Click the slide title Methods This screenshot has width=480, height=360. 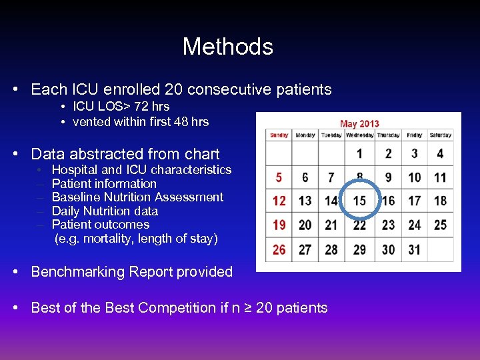pos(227,47)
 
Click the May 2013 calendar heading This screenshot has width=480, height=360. pos(359,123)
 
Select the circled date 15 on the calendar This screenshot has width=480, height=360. pos(360,201)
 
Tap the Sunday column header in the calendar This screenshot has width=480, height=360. pos(279,135)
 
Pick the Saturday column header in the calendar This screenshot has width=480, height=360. pos(440,135)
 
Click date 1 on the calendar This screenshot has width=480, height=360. pos(360,154)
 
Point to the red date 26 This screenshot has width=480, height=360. pos(279,249)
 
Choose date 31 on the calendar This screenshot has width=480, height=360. pos(414,249)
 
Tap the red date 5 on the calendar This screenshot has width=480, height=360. pos(279,177)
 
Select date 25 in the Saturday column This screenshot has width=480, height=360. pos(440,225)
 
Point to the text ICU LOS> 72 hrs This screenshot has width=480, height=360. pos(121,107)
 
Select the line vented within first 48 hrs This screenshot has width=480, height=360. pos(140,122)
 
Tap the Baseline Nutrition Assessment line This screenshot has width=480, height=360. pos(137,197)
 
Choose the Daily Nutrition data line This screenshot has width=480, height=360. pos(105,211)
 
